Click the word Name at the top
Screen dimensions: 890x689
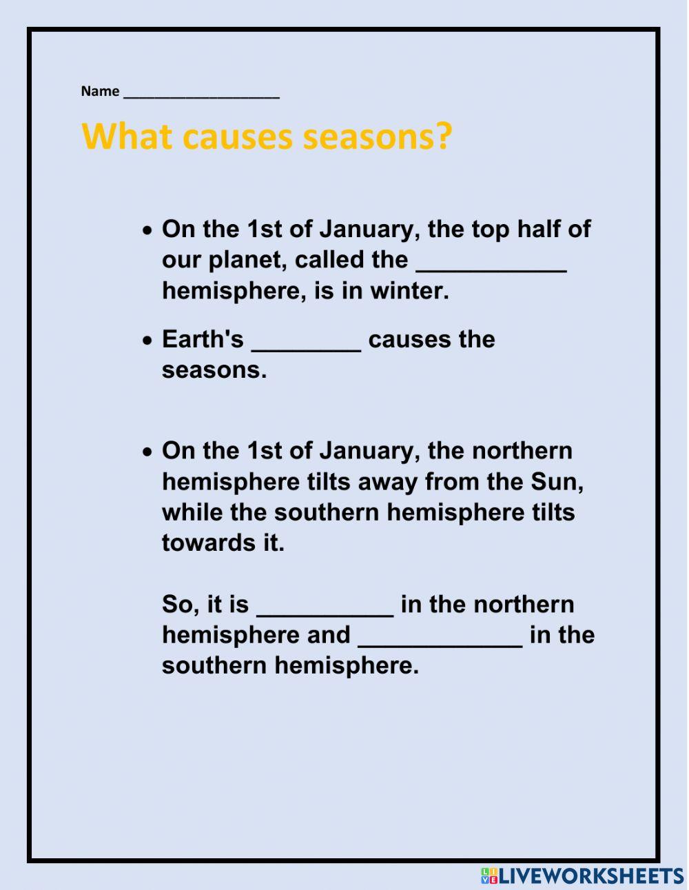[100, 91]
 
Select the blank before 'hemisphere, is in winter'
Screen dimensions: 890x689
[491, 265]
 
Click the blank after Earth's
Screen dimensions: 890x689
[306, 345]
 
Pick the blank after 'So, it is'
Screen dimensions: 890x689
[325, 609]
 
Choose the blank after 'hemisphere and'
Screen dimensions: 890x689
[440, 640]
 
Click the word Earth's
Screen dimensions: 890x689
[203, 339]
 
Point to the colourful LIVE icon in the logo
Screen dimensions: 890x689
[489, 876]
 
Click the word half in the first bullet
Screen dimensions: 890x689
[530, 229]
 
